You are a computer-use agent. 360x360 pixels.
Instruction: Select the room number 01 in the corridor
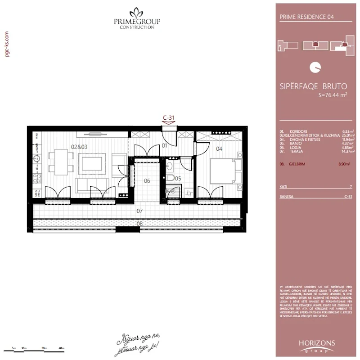[x=165, y=146]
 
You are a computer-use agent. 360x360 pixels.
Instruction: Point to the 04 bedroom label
[x=219, y=148]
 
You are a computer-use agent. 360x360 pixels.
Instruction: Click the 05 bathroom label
[x=178, y=179]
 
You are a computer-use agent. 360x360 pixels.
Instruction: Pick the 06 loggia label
[x=147, y=181]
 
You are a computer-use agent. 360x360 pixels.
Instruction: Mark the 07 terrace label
[x=139, y=210]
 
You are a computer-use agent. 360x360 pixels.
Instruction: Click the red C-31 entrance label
[x=168, y=118]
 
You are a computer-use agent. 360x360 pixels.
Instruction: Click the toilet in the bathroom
[x=170, y=179]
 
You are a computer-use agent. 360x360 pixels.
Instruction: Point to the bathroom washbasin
[x=170, y=166]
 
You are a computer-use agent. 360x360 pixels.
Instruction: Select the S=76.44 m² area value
[x=333, y=95]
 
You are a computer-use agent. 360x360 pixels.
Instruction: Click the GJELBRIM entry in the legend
[x=298, y=164]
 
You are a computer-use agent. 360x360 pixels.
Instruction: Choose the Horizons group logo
[x=317, y=345]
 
